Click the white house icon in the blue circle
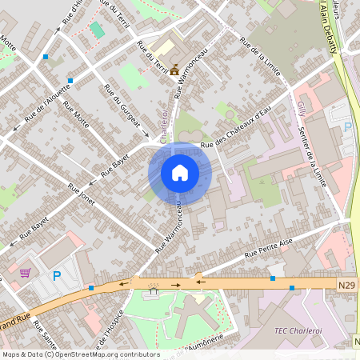[180, 173]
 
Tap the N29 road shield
[346, 284]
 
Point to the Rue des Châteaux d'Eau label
[237, 134]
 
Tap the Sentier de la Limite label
[312, 157]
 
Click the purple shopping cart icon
[26, 273]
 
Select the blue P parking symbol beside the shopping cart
[56, 276]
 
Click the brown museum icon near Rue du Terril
[174, 70]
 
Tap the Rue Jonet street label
[82, 194]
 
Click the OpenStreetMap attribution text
[80, 354]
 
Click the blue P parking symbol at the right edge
[347, 127]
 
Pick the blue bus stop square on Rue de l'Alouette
[71, 81]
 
